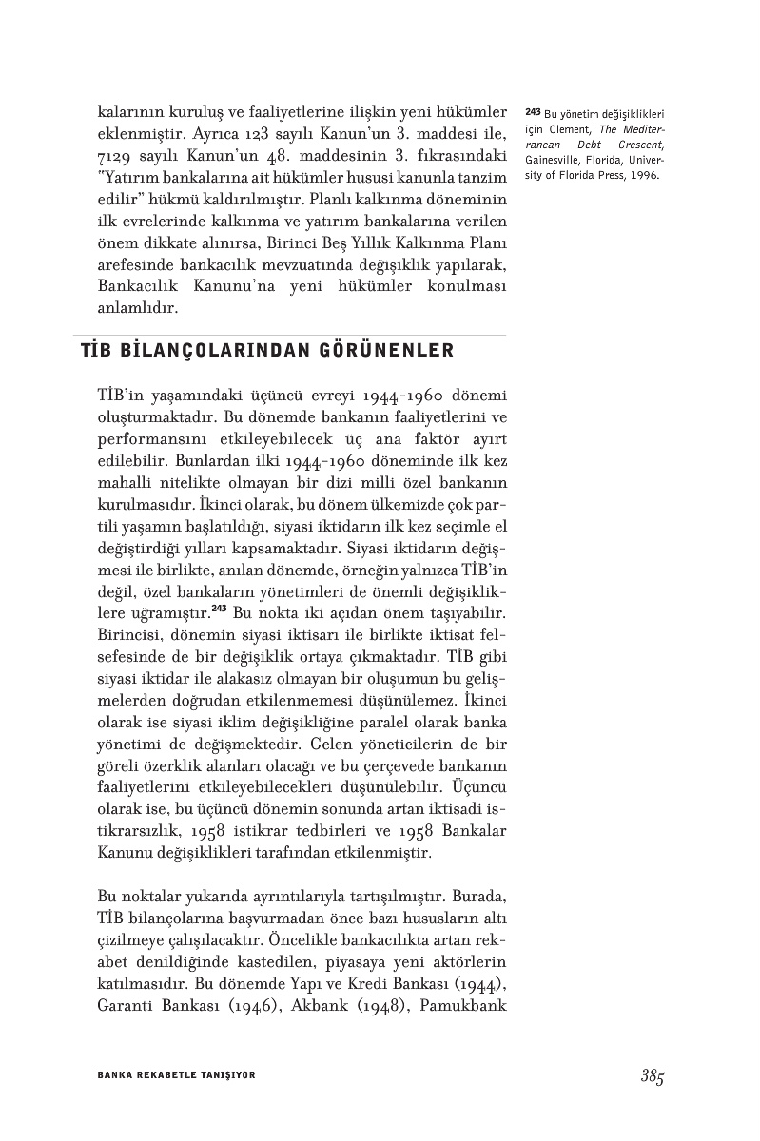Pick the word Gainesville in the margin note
[x=554, y=162]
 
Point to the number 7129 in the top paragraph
[x=115, y=155]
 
